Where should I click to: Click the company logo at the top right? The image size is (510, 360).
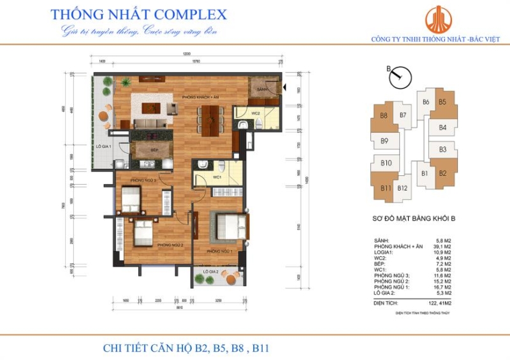pyautogui.click(x=437, y=20)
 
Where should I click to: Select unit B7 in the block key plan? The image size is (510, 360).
pyautogui.click(x=402, y=115)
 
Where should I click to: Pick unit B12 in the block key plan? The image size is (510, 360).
pyautogui.click(x=402, y=188)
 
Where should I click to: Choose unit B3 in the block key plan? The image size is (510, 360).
pyautogui.click(x=442, y=150)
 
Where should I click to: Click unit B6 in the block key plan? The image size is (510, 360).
pyautogui.click(x=425, y=103)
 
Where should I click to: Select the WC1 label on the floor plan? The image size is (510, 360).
pyautogui.click(x=217, y=178)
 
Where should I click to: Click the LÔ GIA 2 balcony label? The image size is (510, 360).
pyautogui.click(x=211, y=272)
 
